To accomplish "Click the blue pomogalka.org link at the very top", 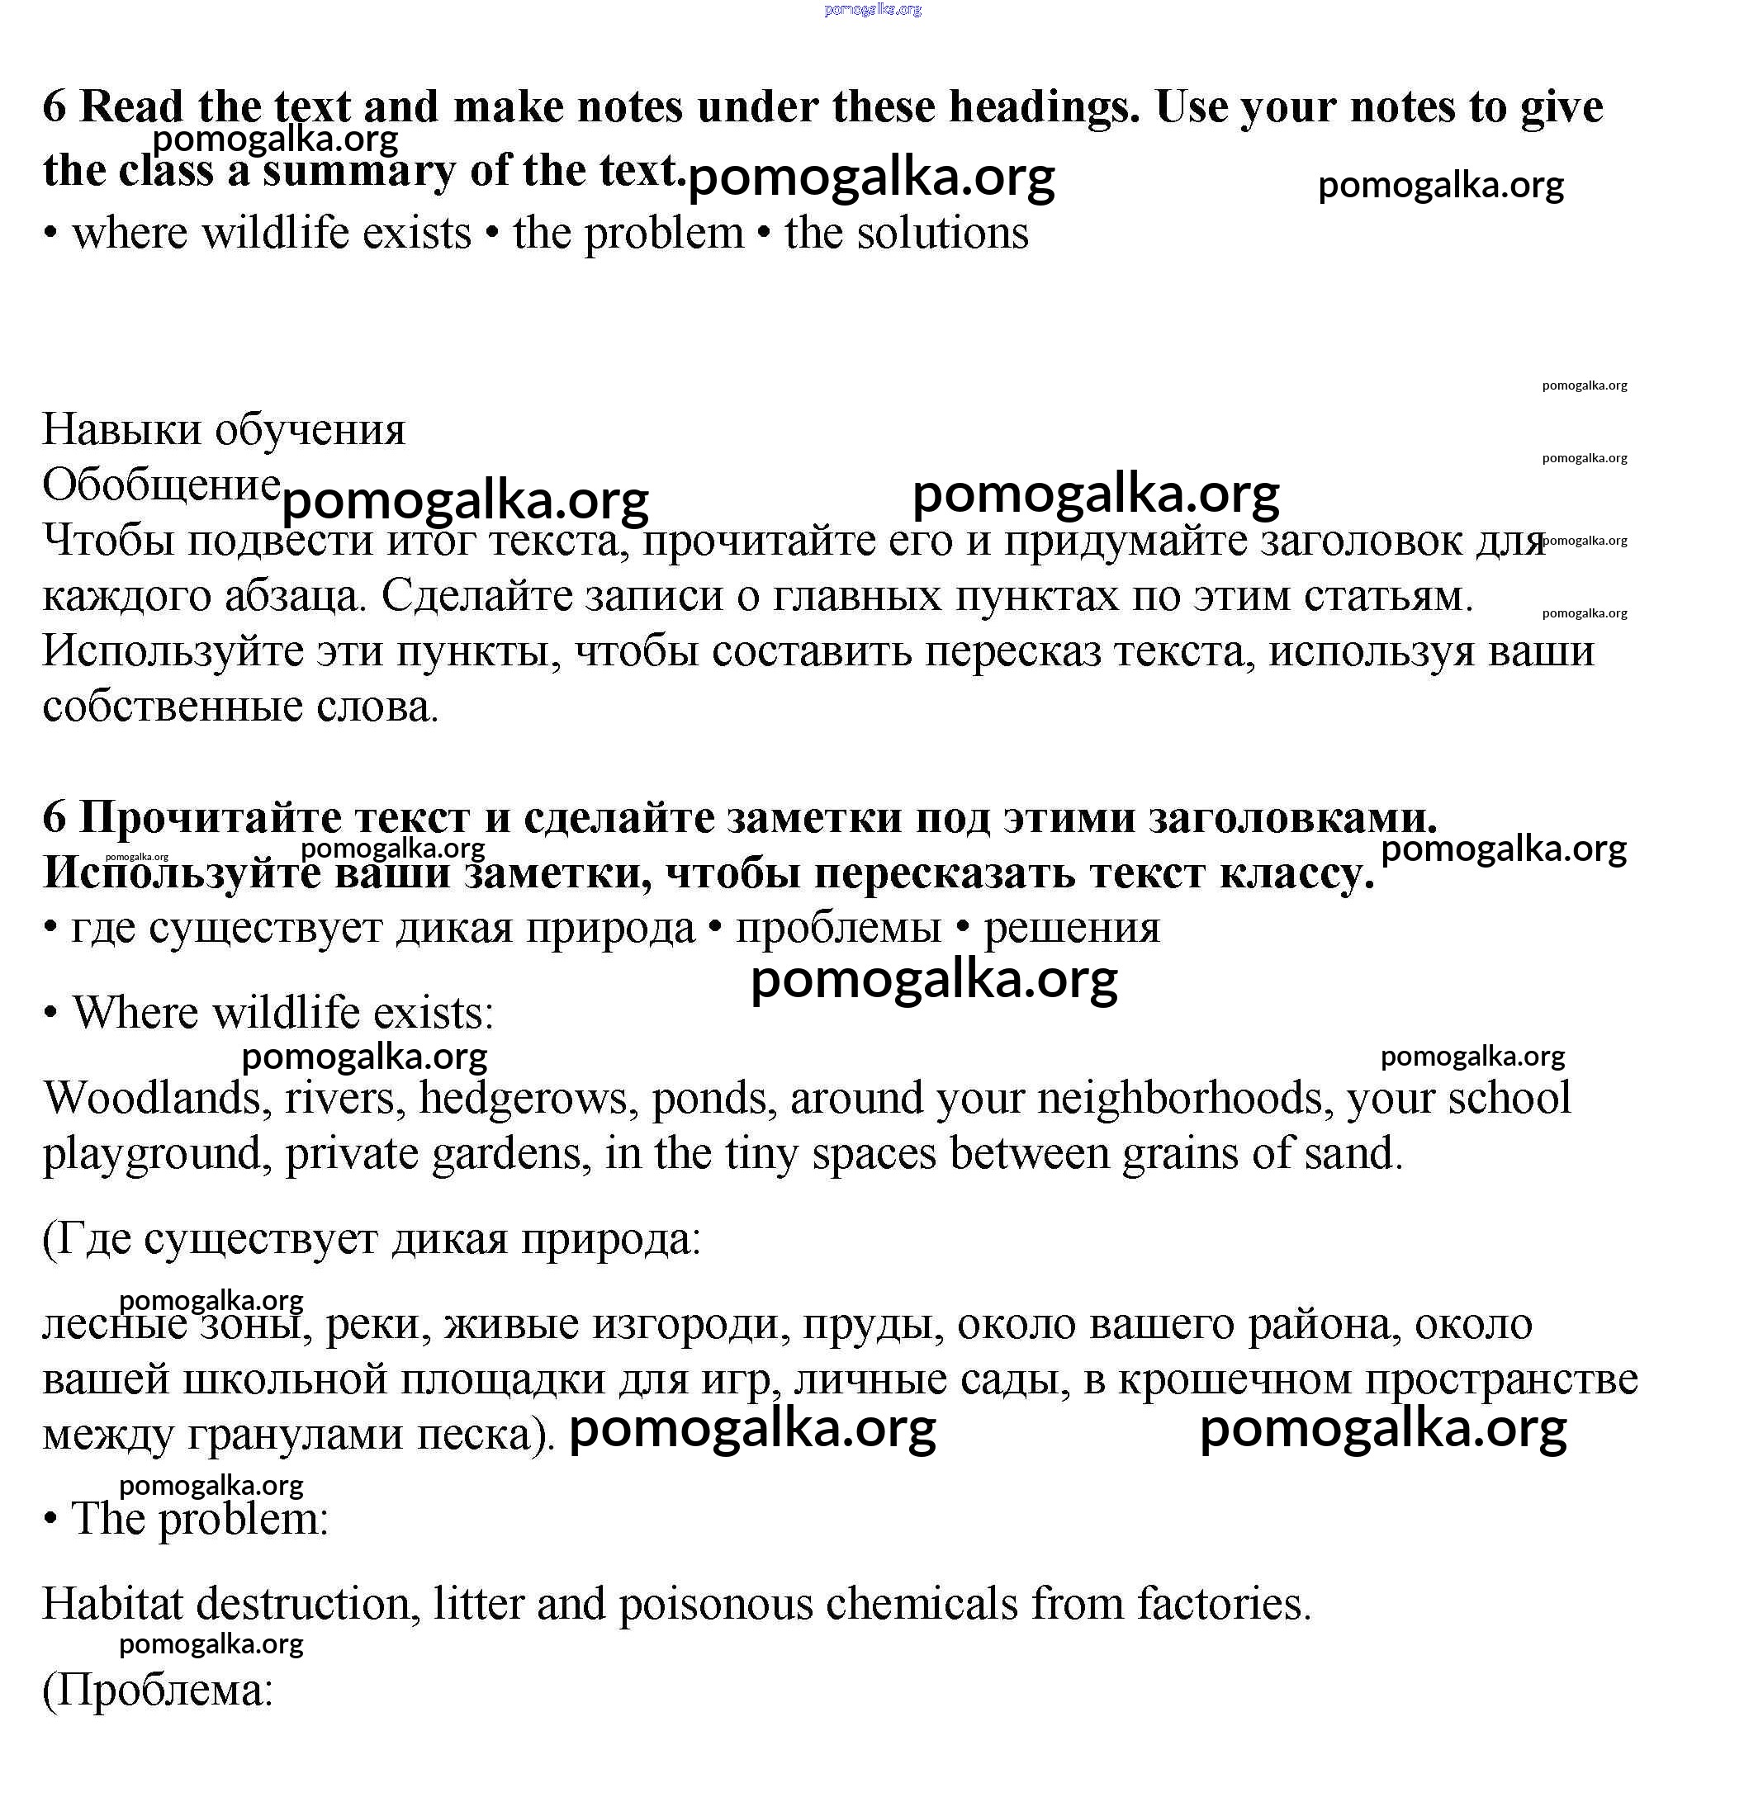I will tap(872, 10).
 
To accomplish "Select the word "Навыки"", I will tap(121, 430).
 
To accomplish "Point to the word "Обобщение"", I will tap(161, 485).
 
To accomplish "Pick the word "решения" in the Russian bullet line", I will tap(1071, 929).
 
